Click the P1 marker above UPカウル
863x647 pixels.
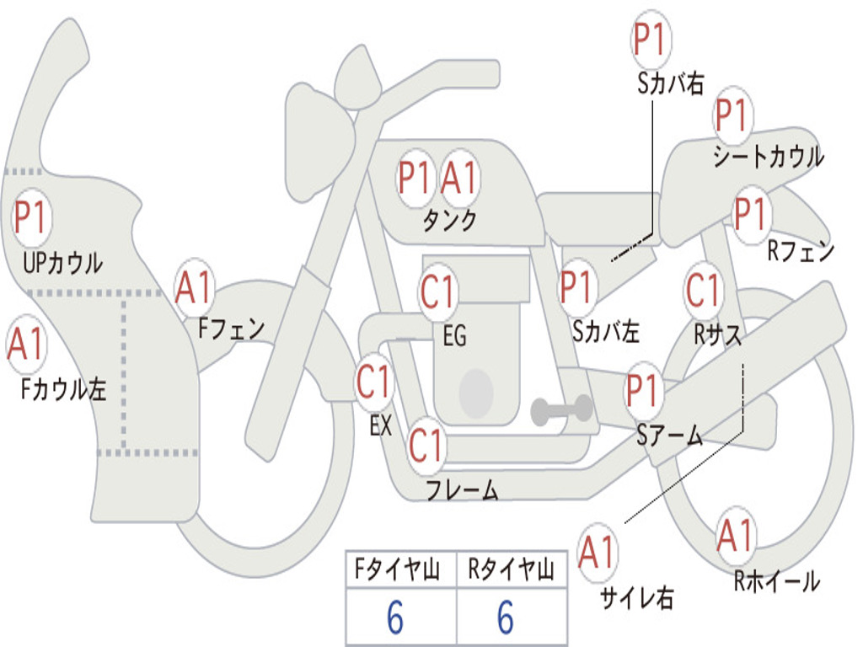pyautogui.click(x=31, y=218)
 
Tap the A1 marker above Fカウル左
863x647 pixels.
pyautogui.click(x=26, y=344)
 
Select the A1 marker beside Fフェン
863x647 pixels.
pyautogui.click(x=194, y=288)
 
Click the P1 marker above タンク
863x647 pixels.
pyautogui.click(x=414, y=178)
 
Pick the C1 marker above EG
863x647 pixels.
pyautogui.click(x=437, y=291)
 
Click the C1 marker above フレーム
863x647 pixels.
pyautogui.click(x=426, y=445)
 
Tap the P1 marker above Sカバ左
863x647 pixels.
pyautogui.click(x=576, y=287)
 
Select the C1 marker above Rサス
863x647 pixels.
pyautogui.click(x=703, y=290)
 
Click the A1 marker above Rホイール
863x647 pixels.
pyautogui.click(x=735, y=535)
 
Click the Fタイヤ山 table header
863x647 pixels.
pyautogui.click(x=398, y=569)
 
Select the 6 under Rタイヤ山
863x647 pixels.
pyautogui.click(x=506, y=617)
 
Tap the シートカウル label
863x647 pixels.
pyautogui.click(x=769, y=156)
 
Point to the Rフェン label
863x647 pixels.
pyautogui.click(x=801, y=251)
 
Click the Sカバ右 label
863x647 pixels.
pyautogui.click(x=670, y=83)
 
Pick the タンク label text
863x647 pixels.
pyautogui.click(x=450, y=220)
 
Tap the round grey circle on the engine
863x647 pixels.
pyautogui.click(x=476, y=393)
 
